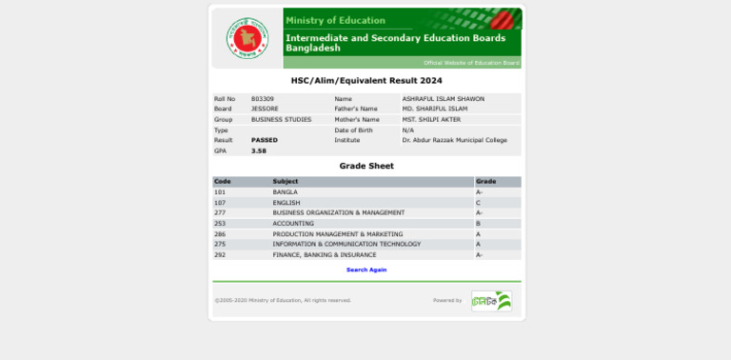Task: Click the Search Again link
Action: (366, 270)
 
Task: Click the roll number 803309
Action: (263, 98)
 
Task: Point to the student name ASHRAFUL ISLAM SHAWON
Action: (443, 98)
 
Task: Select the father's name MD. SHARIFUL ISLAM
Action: (434, 109)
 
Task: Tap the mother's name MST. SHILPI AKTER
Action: (431, 119)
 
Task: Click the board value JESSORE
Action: (265, 109)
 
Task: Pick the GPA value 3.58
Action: (259, 150)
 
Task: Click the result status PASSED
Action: (265, 140)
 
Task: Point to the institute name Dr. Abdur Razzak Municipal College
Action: (454, 140)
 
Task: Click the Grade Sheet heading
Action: (366, 166)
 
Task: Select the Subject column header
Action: (286, 181)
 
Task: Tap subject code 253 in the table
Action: (220, 223)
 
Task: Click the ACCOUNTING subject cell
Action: (293, 223)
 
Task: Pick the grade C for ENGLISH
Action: (478, 202)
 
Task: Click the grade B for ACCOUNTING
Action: (478, 223)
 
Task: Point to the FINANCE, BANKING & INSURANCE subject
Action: (324, 254)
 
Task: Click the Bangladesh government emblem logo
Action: (247, 38)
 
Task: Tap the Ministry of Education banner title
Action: (335, 20)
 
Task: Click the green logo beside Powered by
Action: (491, 301)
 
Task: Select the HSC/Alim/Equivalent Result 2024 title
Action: (366, 81)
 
